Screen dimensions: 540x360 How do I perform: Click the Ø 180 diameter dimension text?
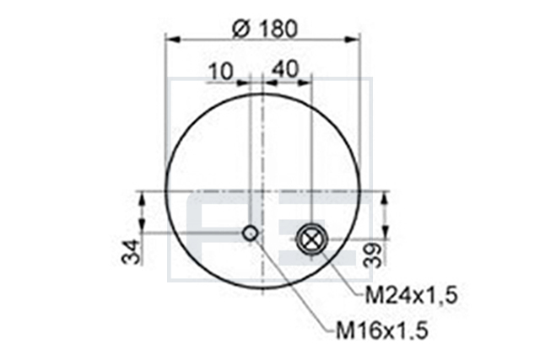264,29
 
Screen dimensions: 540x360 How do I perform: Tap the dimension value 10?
221,73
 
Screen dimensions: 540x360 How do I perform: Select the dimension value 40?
285,69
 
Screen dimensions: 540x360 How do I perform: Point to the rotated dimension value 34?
132,252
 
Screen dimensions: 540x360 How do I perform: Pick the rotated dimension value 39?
373,255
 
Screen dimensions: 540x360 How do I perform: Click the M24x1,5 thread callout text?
411,296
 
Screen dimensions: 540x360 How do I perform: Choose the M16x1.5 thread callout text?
382,330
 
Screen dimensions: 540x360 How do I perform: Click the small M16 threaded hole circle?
251,234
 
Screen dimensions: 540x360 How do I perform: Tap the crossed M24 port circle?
311,239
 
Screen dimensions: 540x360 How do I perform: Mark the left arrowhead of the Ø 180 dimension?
173,40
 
